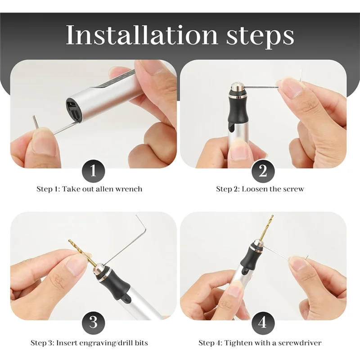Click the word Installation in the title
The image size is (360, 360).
[x=142, y=35]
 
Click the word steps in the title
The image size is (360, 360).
[x=260, y=37]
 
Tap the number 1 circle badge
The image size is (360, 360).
[x=93, y=171]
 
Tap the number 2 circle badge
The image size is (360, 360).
[x=263, y=171]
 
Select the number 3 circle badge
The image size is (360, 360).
[x=93, y=323]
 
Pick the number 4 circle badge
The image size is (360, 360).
[x=263, y=323]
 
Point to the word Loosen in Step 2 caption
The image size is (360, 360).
[x=252, y=189]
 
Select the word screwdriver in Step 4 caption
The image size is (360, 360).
[x=300, y=343]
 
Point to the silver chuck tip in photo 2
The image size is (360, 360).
[x=237, y=86]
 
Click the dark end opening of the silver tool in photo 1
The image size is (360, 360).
[x=74, y=108]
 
